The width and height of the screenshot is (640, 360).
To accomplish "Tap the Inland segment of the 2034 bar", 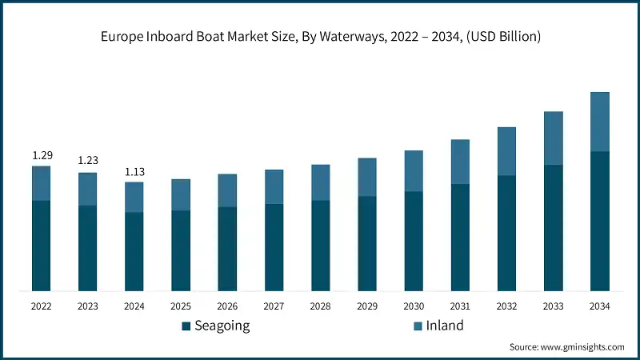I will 600,122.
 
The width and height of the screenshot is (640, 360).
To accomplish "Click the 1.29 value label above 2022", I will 42,154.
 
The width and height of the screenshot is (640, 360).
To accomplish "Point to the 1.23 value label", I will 88,161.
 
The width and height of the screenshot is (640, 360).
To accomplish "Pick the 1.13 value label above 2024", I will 134,170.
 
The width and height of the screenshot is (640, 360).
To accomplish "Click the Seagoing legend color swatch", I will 186,326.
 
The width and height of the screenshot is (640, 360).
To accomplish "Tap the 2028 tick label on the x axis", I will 320,306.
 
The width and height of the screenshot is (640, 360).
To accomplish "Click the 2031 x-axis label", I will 460,306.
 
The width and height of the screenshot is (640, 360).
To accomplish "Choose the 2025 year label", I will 181,306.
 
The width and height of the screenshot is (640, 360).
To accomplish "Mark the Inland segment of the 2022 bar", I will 42,183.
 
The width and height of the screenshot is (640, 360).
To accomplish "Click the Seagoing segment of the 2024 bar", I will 134,251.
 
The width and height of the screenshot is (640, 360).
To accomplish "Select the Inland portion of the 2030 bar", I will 414,171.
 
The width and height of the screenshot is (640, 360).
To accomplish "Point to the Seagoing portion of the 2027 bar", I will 274,247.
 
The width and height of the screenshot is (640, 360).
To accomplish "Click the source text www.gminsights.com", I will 566,346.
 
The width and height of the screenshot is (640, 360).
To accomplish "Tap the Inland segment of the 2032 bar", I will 506,151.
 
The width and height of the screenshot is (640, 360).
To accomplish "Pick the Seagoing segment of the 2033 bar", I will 553,228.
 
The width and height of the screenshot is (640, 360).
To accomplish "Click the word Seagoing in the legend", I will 222,326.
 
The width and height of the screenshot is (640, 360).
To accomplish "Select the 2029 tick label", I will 367,306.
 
